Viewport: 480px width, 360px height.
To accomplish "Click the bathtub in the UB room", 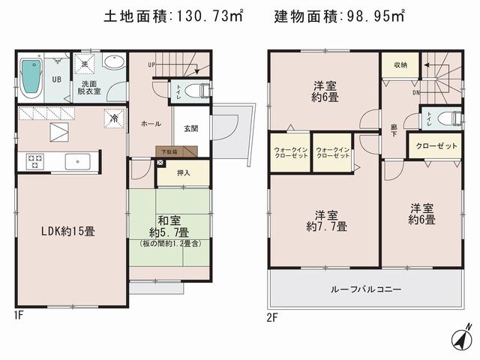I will [31, 78].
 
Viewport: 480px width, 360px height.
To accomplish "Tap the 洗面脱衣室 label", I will [89, 88].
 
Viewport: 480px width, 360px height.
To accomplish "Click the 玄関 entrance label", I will [191, 128].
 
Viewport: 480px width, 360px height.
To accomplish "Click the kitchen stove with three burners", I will [35, 161].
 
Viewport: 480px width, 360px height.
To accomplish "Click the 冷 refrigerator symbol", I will [115, 118].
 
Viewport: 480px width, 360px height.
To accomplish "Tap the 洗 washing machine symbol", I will [84, 62].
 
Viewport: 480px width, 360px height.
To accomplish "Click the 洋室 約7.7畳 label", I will [325, 220].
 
